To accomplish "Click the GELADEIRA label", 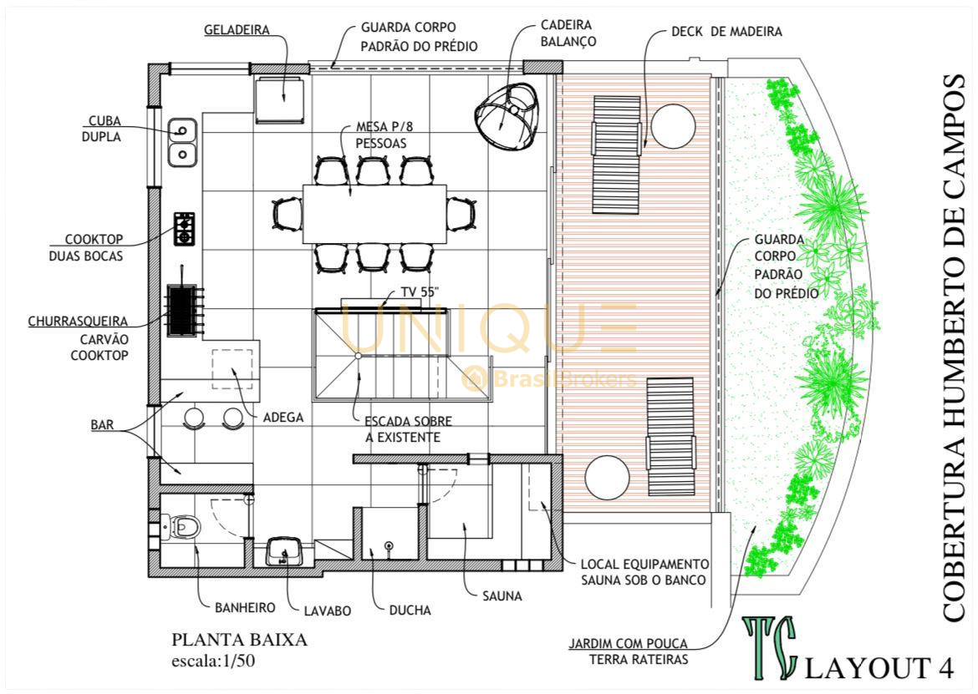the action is (237, 30).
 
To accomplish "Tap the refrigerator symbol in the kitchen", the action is (279, 99).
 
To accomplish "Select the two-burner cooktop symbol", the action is (184, 229).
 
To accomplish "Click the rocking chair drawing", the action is (507, 116).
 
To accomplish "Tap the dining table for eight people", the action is (374, 214).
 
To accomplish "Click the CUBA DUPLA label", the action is (102, 129).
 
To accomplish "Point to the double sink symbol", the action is (182, 142).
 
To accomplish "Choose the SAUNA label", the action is (502, 596).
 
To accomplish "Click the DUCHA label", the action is (410, 610).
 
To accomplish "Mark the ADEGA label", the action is (283, 418).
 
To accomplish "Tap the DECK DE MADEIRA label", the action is (726, 32).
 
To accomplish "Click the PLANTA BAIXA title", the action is (240, 640).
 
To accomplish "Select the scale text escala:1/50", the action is (213, 661).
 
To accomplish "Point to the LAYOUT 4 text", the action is (879, 668).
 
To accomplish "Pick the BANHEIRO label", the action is (245, 607).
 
